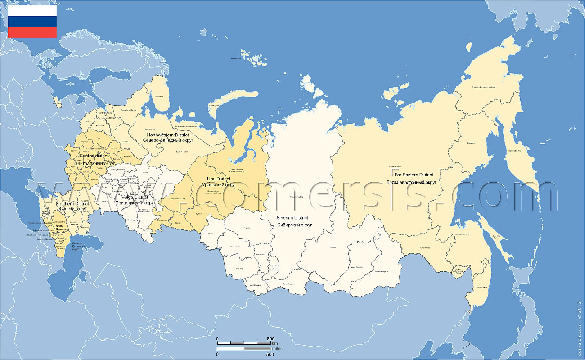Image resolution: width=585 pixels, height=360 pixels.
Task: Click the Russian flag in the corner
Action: click(x=32, y=22)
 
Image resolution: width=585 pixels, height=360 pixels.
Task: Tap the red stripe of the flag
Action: click(x=32, y=32)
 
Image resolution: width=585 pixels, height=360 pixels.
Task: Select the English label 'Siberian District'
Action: click(x=292, y=218)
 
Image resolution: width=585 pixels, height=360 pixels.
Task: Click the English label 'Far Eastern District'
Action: click(x=414, y=175)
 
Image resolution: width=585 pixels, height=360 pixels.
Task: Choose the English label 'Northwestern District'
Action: click(x=168, y=135)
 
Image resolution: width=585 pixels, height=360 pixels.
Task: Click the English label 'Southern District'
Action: click(x=72, y=204)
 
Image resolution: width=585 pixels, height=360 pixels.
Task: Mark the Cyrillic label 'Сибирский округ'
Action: click(x=295, y=225)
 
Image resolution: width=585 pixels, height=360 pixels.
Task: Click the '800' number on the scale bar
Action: click(x=270, y=338)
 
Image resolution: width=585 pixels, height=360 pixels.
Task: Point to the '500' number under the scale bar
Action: click(x=270, y=354)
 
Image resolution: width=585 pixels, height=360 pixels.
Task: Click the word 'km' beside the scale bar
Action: click(x=275, y=343)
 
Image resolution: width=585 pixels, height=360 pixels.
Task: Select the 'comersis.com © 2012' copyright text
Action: click(x=579, y=322)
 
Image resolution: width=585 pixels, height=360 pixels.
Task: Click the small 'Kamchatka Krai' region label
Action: click(x=514, y=150)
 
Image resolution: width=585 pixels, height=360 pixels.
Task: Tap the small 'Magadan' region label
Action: click(x=471, y=143)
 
